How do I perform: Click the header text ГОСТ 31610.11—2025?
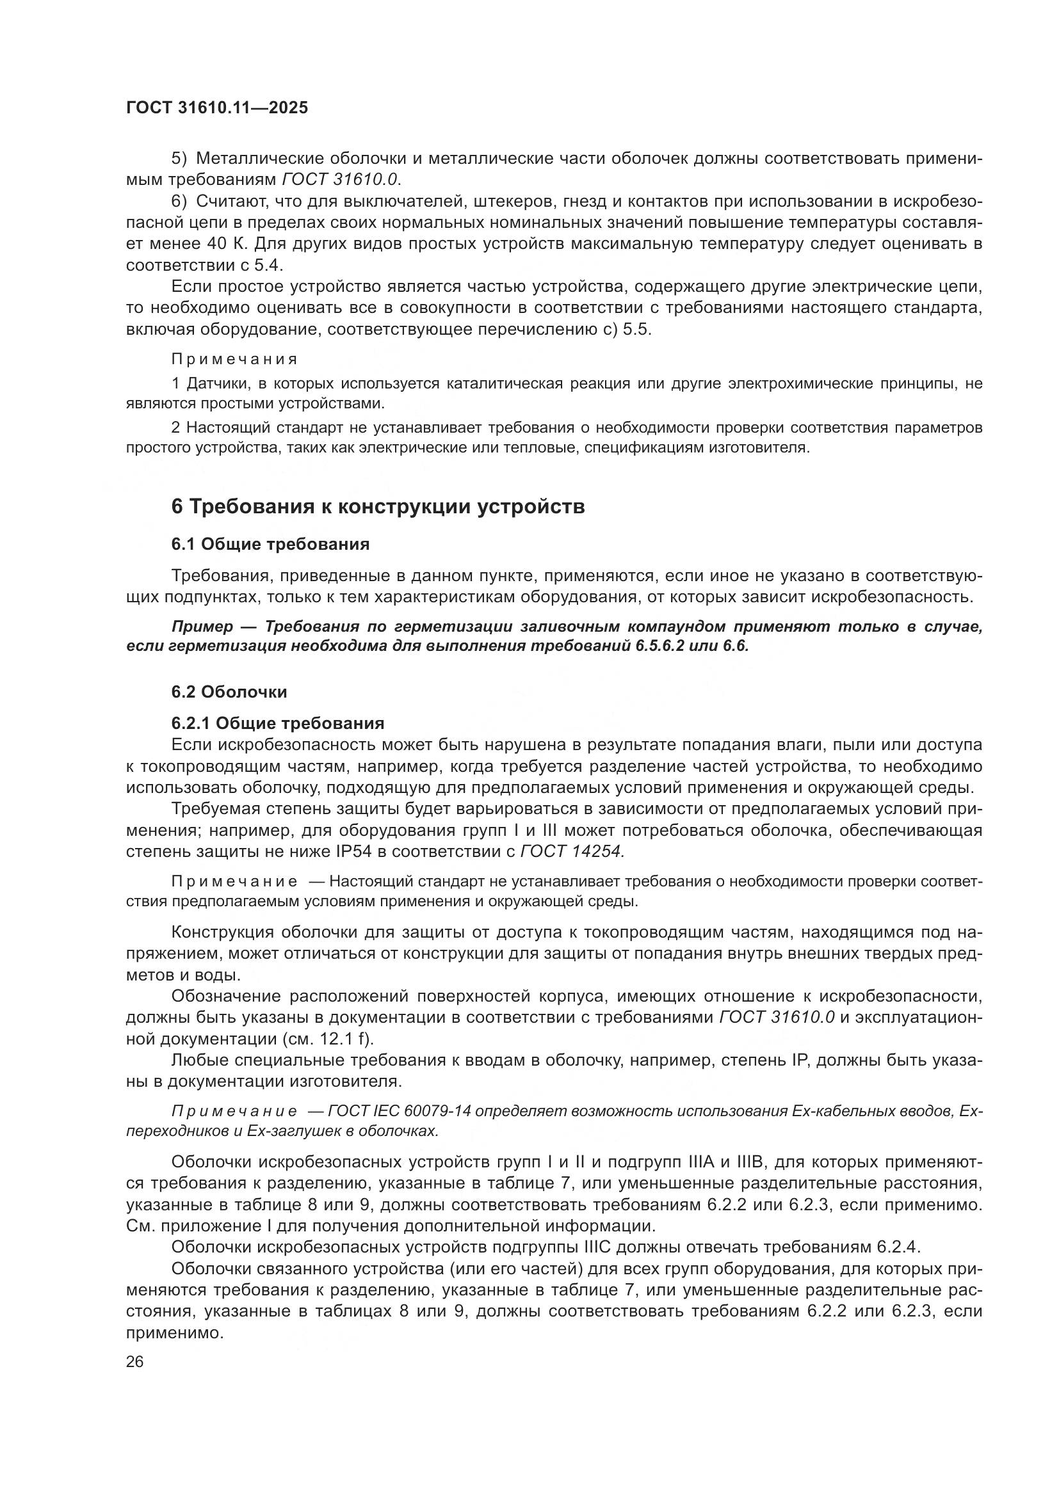[x=216, y=108]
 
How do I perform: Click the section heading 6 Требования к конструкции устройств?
[x=378, y=507]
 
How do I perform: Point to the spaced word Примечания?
[x=234, y=359]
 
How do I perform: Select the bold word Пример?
[x=202, y=627]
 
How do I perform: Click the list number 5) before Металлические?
[x=179, y=159]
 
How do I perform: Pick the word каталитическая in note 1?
[x=505, y=383]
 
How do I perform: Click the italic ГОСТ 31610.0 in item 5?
[x=340, y=179]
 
